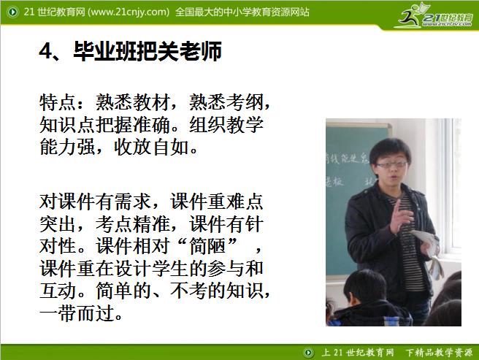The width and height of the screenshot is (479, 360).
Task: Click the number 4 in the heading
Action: tap(46, 53)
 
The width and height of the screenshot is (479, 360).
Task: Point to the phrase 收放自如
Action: tap(154, 148)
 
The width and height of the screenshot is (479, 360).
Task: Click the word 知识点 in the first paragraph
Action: tap(68, 125)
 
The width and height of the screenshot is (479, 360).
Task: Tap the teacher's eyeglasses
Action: tap(391, 165)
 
